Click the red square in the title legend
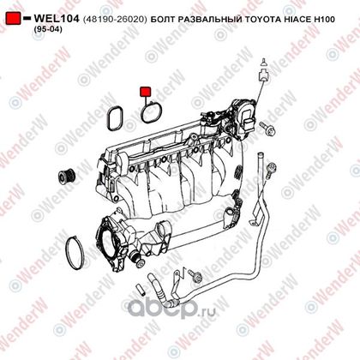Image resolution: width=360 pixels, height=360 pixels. (13, 18)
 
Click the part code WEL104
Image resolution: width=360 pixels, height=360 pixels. (57, 19)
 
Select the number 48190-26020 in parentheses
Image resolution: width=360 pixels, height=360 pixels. (115, 20)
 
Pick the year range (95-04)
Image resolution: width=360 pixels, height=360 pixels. (48, 29)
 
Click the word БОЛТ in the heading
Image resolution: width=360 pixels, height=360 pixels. (163, 20)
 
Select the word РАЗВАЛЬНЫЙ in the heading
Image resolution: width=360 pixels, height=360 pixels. (209, 20)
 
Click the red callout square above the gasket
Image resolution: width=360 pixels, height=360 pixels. (145, 92)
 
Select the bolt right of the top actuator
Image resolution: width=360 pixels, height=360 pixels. (267, 129)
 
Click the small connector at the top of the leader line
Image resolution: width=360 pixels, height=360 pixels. (263, 72)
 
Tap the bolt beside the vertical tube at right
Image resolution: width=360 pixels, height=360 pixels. (270, 170)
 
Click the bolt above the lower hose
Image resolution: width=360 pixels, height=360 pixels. (195, 276)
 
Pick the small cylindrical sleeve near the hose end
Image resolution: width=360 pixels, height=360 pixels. (141, 289)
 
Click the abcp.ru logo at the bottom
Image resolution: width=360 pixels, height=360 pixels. (171, 309)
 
